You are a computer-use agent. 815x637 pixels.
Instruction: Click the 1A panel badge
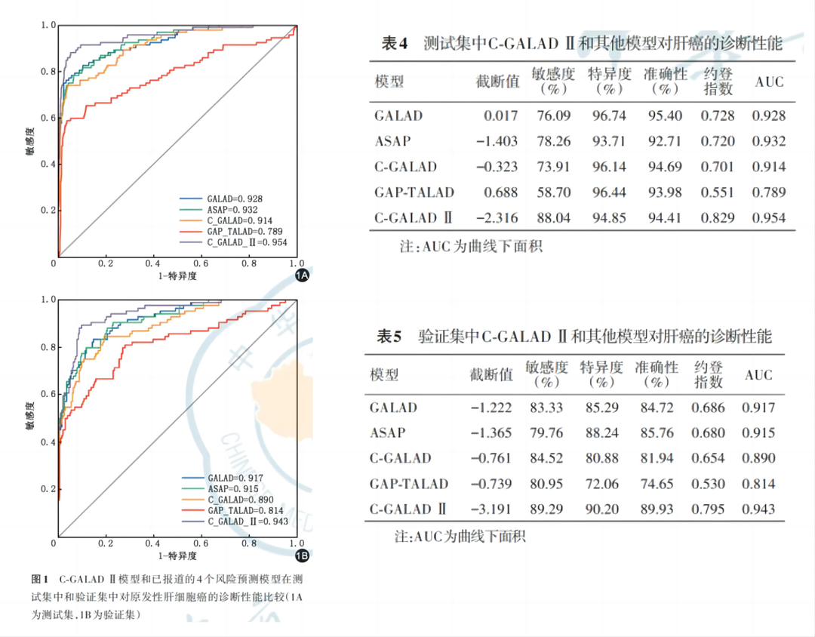tap(301, 275)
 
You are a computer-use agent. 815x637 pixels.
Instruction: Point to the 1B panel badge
tap(301, 556)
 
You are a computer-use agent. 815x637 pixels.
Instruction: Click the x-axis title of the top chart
tap(177, 276)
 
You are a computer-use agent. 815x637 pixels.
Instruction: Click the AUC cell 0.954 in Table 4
tap(769, 217)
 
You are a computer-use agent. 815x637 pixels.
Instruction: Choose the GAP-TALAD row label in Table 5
tap(408, 483)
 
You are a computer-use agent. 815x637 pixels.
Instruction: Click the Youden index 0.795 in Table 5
tap(708, 509)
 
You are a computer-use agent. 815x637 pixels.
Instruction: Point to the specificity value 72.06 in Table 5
tap(601, 483)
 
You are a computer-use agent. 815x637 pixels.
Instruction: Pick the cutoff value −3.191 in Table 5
tap(491, 509)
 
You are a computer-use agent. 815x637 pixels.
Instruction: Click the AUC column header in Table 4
tap(769, 82)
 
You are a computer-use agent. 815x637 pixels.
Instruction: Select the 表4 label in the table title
tap(395, 43)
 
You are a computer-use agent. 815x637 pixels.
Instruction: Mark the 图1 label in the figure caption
tap(40, 580)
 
